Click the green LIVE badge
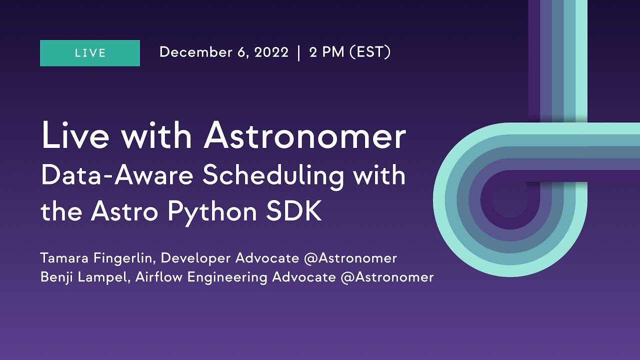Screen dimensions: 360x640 90,53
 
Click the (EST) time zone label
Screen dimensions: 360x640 370,52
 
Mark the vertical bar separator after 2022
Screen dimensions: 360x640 298,52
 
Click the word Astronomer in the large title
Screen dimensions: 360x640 305,136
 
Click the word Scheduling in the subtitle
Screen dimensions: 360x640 260,176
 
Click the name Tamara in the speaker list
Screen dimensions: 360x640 62,258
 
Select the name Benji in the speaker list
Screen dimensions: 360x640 55,277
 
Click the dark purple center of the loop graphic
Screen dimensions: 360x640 507,200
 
